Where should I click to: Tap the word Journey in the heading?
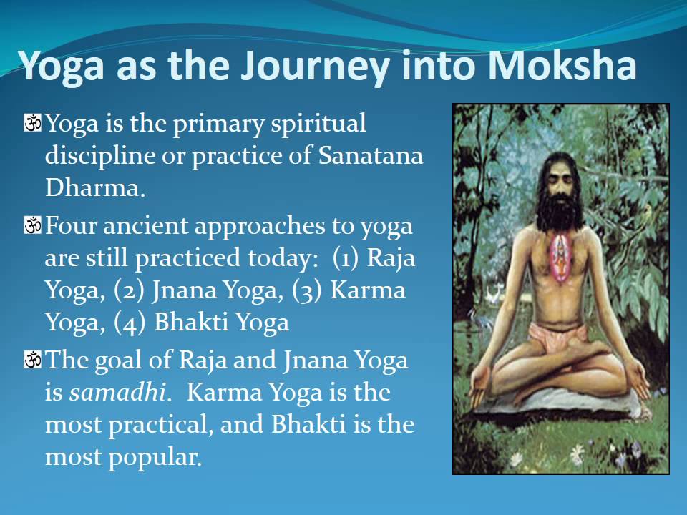(314, 65)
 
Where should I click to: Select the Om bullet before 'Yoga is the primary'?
(33, 124)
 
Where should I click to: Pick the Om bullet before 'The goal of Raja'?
(33, 360)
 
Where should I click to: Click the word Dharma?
(94, 188)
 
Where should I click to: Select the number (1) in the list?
(347, 258)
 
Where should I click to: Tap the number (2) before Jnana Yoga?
(129, 290)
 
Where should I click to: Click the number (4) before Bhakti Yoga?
(131, 323)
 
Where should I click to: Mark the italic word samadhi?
(119, 393)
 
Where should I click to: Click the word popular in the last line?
(155, 457)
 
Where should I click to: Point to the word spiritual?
(318, 124)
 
